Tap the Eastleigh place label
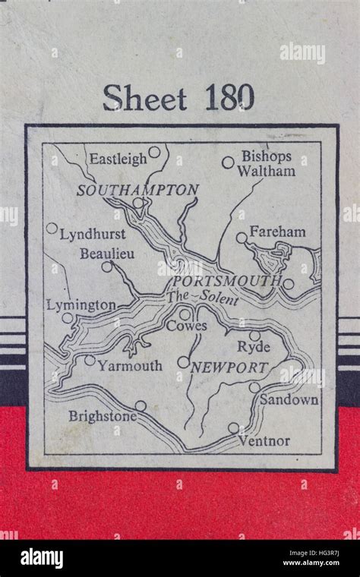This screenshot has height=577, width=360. (118, 159)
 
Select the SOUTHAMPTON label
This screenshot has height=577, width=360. (138, 190)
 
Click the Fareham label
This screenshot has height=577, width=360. (277, 232)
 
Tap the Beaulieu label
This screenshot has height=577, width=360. (107, 254)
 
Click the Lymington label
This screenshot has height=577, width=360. (81, 304)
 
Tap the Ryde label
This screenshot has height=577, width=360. (254, 347)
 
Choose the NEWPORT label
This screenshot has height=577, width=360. (229, 367)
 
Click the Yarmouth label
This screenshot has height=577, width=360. (130, 366)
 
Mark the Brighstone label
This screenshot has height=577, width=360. (103, 416)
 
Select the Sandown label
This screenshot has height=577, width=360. (289, 399)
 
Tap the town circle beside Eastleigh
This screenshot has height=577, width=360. (154, 153)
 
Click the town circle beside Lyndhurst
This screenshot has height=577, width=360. (52, 228)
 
